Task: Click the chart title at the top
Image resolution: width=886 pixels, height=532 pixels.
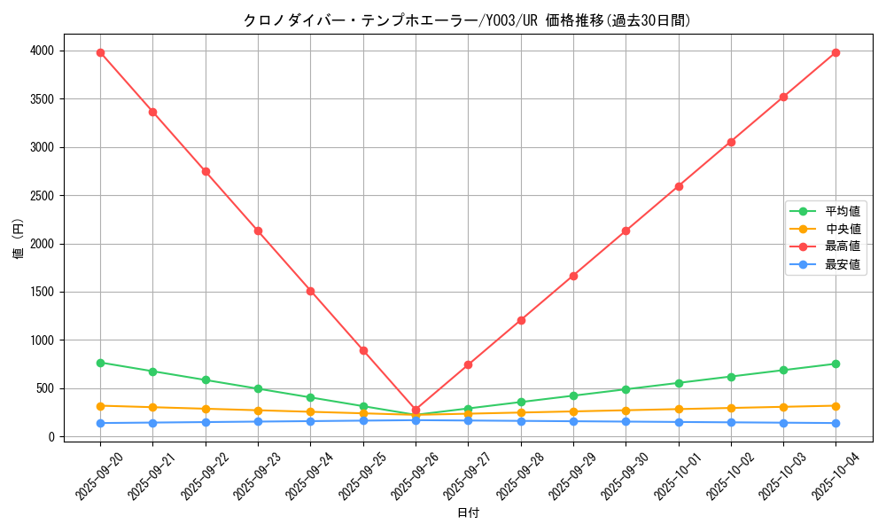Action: tap(467, 20)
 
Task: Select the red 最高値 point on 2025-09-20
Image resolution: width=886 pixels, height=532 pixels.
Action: tap(100, 52)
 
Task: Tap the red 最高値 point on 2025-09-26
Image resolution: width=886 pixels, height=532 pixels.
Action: tap(416, 410)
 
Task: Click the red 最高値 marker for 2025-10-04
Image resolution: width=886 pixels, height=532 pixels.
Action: tap(835, 52)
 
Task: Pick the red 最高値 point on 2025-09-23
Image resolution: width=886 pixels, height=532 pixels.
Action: tap(258, 231)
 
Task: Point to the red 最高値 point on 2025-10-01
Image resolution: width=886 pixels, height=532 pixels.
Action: tap(679, 186)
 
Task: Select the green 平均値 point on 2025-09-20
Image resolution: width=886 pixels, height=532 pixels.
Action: tap(100, 363)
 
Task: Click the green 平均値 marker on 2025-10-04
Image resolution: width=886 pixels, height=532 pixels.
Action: tap(835, 364)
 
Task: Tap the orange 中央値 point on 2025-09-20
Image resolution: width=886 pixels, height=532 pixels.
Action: tap(100, 406)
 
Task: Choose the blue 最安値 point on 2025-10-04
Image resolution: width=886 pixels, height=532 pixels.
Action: tap(835, 423)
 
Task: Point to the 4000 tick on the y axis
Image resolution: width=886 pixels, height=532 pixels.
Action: tap(42, 51)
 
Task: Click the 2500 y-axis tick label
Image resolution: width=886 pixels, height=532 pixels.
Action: tap(42, 196)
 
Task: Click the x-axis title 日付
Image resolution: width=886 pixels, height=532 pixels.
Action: tap(468, 513)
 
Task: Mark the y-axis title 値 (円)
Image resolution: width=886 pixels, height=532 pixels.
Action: tap(18, 239)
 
